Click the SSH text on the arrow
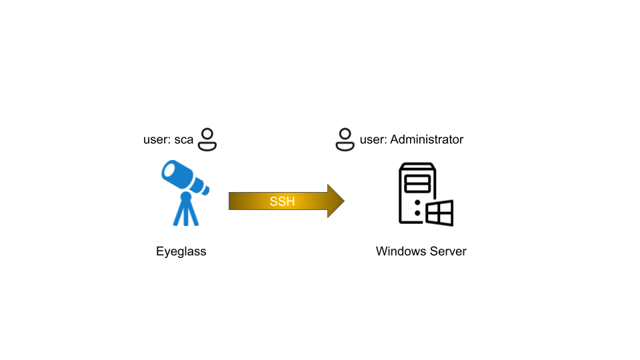coord(282,201)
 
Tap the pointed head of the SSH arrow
coord(344,201)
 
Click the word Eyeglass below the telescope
coord(181,251)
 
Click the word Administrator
coord(427,139)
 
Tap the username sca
coord(184,140)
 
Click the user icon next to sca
coord(207,139)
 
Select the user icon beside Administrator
coord(345,139)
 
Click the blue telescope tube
coord(179,175)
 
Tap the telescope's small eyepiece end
coord(205,190)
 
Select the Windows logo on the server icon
coord(439,213)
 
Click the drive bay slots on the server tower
coord(417,184)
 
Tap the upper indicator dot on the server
coord(417,203)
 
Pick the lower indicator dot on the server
coord(417,213)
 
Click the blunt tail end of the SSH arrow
coord(229,201)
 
